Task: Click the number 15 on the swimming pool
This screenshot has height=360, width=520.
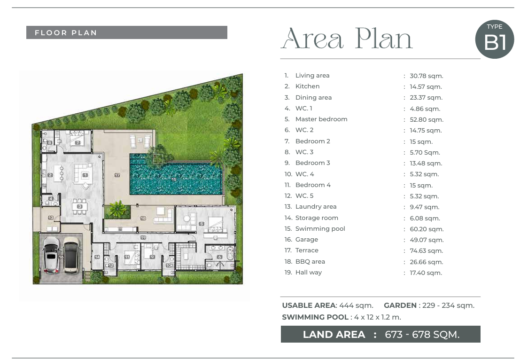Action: (174, 180)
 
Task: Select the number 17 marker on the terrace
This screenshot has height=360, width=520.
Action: (117, 175)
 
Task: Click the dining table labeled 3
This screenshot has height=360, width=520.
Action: (79, 207)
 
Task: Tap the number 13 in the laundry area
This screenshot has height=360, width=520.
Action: (51, 218)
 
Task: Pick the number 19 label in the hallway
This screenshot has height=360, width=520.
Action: (143, 237)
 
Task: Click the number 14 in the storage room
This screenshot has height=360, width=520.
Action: (97, 257)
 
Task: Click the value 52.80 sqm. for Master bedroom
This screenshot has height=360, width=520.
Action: (427, 119)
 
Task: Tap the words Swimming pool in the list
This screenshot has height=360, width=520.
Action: (320, 228)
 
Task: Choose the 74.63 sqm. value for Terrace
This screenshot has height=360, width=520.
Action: (426, 251)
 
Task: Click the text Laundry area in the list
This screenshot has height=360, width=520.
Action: (316, 207)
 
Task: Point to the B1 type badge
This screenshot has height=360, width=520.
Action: (495, 39)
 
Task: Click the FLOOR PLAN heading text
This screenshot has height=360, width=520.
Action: (66, 33)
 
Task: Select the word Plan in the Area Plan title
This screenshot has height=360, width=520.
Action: (383, 39)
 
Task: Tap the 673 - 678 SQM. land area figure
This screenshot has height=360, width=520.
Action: (422, 335)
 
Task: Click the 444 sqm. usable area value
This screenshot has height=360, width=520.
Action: (356, 305)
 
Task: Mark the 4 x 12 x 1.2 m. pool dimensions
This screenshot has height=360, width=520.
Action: (377, 317)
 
